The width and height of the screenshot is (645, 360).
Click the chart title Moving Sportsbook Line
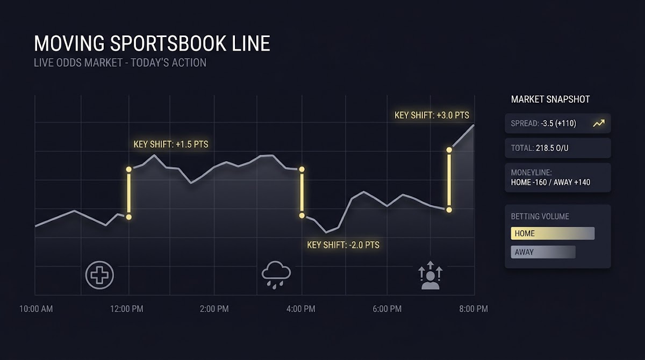pos(152,44)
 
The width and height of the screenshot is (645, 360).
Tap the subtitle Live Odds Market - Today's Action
pos(120,63)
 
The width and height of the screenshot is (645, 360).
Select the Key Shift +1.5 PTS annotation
pos(171,144)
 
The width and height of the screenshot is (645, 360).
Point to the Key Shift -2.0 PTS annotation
pos(343,245)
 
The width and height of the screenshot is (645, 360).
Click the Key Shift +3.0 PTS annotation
pos(432,115)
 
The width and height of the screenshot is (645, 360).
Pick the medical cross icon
pos(99,275)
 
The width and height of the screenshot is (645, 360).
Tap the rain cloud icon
pos(276,275)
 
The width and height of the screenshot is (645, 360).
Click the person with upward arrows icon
pos(431,275)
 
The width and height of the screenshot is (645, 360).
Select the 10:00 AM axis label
pos(36,309)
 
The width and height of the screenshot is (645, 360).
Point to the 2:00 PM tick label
pos(214,309)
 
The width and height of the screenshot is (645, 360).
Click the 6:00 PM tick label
pos(387,309)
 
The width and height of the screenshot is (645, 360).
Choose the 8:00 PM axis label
pos(474,309)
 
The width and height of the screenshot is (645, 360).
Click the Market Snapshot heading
pos(550,99)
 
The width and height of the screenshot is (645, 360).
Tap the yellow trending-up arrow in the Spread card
pos(599,123)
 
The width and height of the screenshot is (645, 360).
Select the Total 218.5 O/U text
pos(540,148)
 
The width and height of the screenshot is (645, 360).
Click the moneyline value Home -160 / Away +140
pos(550,182)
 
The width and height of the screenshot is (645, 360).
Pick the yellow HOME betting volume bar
pos(553,233)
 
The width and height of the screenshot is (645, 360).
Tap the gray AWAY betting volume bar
pos(543,252)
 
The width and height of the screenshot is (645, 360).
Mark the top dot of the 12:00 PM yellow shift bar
pos(128,169)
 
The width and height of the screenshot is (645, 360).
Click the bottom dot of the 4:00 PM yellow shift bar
pos(302,215)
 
